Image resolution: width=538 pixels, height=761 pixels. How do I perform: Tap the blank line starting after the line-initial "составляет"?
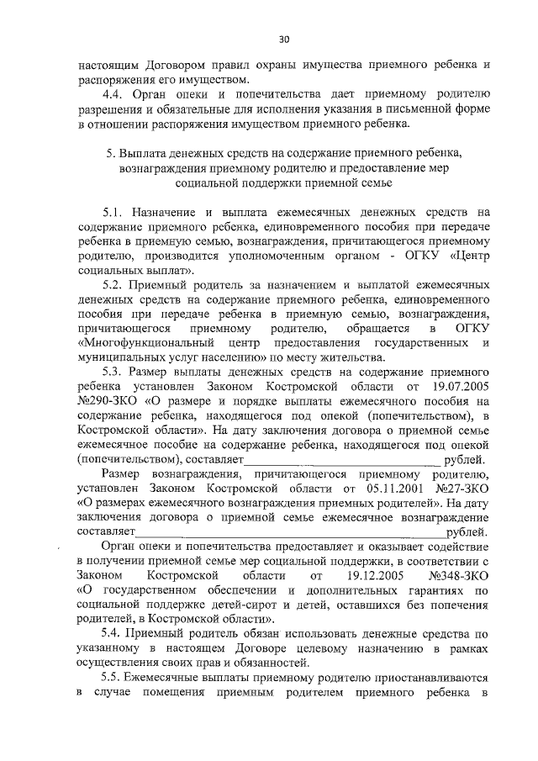point(291,531)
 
